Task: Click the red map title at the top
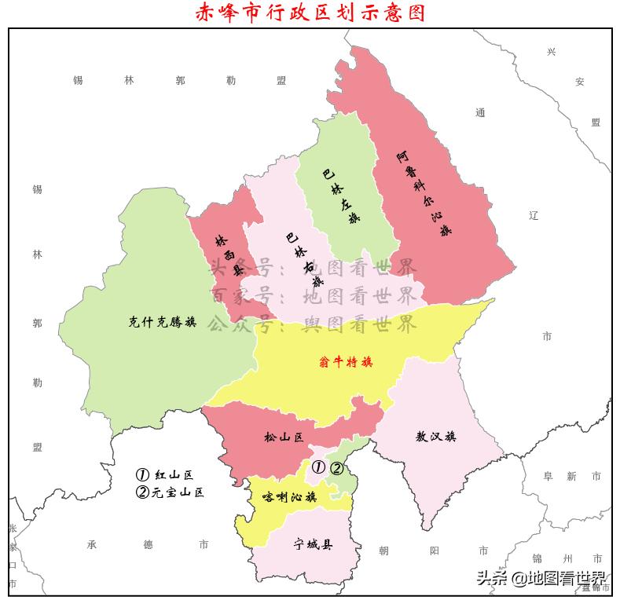(310, 13)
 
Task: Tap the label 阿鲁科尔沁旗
(424, 193)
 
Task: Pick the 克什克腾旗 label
(162, 321)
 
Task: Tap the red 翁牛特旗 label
(346, 363)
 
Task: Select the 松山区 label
(283, 437)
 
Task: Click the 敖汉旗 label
(435, 437)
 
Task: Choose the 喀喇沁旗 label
(288, 497)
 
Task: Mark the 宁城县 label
(313, 543)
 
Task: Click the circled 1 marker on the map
(318, 467)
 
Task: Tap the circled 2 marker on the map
(336, 469)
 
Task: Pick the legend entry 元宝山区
(170, 492)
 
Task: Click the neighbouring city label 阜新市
(572, 476)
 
